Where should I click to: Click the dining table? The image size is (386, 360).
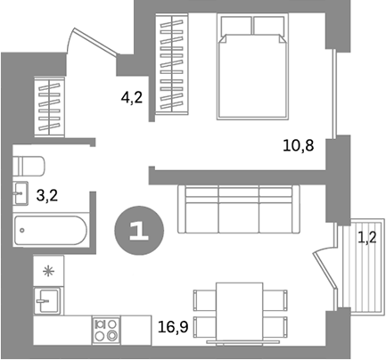click(x=241, y=311)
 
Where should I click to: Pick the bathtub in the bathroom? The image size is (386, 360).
click(x=52, y=233)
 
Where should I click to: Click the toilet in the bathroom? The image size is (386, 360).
click(x=30, y=167)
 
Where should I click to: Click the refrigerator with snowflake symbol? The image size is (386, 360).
click(x=48, y=269)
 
